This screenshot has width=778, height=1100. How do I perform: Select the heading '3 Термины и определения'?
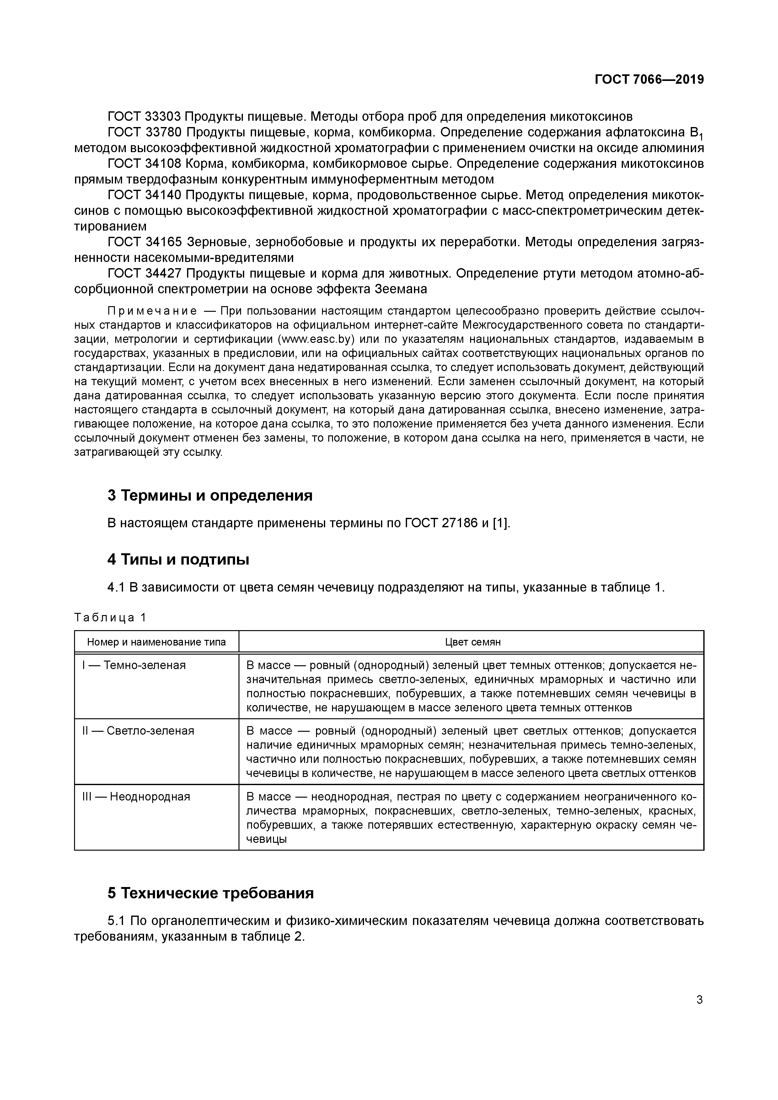(210, 495)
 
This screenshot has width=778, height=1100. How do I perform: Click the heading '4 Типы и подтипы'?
(178, 559)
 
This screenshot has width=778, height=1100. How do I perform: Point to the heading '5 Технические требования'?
(211, 893)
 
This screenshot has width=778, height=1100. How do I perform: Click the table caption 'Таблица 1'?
(110, 618)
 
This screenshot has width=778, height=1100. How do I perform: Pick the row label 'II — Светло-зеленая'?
(138, 731)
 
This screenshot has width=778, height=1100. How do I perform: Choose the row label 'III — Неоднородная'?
(136, 796)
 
